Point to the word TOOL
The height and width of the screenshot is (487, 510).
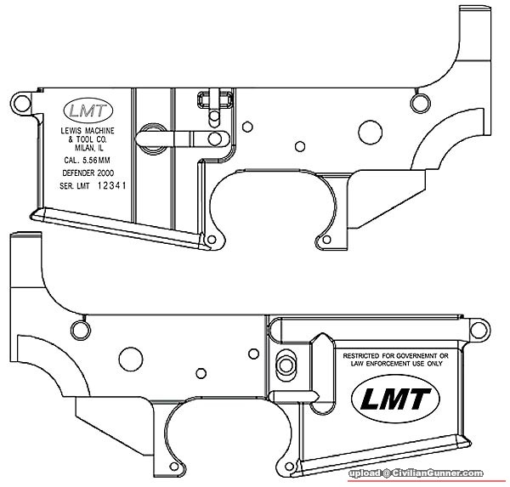83,138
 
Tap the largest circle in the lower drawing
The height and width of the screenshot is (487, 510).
131,356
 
